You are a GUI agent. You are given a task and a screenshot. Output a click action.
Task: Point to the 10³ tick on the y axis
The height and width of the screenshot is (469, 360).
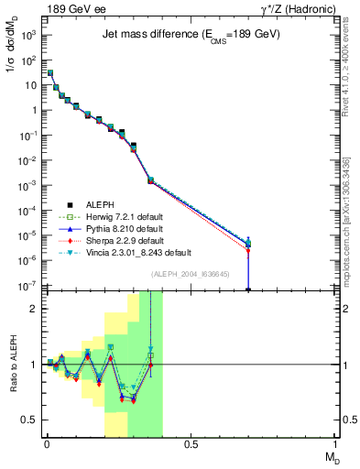coord(28,35)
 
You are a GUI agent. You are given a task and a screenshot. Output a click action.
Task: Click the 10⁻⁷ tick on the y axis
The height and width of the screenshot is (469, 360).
coord(28,286)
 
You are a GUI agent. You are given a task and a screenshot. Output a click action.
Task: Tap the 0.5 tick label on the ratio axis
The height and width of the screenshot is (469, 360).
coord(29,420)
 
